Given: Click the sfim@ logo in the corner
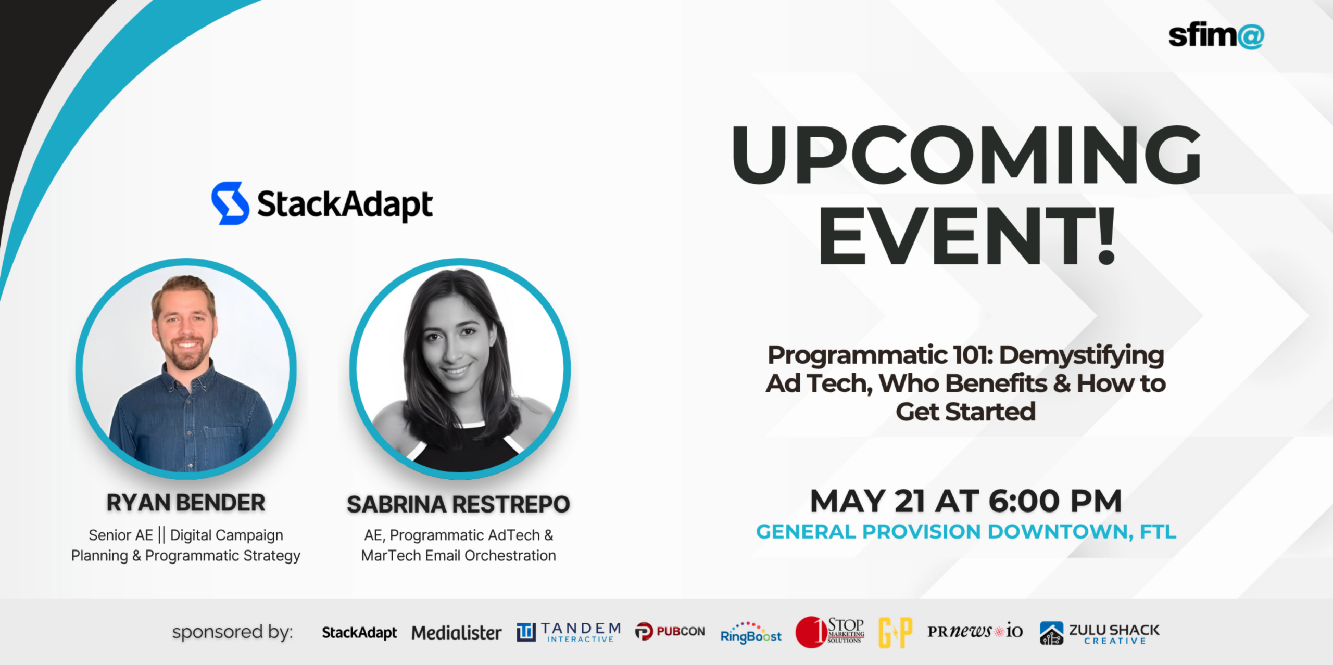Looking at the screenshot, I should point(1215,35).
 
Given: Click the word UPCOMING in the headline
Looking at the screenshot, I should point(966,155).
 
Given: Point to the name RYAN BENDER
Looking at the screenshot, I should point(186,503).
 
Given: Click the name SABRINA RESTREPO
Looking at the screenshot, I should point(458,504).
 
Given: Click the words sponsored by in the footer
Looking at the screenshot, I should point(232,632).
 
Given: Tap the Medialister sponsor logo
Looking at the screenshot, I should point(456,633).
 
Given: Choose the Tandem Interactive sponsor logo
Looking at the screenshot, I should point(569,632).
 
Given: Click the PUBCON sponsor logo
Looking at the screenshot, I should point(670,631).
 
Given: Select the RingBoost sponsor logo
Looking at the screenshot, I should point(750,633).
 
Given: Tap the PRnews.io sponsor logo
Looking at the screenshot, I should point(975,631).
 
